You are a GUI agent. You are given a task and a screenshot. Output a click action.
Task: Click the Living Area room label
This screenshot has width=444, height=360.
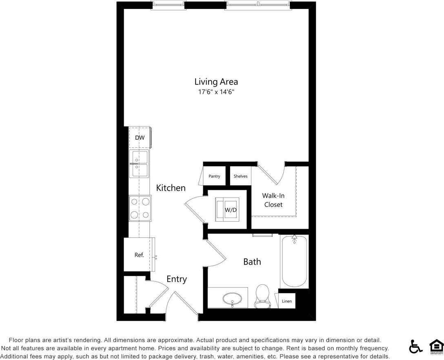coord(216,82)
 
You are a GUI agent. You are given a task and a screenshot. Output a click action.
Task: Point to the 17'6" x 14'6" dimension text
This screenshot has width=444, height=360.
coord(216,92)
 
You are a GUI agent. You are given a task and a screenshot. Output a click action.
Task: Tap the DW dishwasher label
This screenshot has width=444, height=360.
coord(140,138)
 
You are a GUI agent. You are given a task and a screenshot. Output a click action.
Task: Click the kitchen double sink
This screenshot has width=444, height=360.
coord(139,164)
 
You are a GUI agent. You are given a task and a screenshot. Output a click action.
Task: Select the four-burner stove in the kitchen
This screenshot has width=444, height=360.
coord(140,208)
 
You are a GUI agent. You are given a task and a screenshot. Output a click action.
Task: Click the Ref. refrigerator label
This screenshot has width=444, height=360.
coord(139,255)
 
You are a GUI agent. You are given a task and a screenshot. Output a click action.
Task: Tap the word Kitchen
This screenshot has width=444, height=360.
coord(171,188)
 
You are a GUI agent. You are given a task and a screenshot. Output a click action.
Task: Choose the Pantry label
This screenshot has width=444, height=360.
coord(214,176)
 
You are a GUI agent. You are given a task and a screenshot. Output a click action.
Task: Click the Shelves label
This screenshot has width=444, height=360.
coord(240,176)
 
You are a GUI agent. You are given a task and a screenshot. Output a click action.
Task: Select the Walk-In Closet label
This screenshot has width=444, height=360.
coord(273,200)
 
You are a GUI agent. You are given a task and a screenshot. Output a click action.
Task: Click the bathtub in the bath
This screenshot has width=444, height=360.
coord(294,261)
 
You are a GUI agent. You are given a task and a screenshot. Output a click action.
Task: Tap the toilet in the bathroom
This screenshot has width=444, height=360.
coord(262,296)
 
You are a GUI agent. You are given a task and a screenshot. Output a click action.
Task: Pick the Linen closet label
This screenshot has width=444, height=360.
coord(287,301)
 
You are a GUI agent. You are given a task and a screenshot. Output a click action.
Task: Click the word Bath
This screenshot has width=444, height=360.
coord(252,262)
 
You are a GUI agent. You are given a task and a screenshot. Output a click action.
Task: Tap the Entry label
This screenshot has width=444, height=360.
coord(177,279)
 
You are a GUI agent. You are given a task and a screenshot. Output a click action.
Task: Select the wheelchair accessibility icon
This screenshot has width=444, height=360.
coord(415,347)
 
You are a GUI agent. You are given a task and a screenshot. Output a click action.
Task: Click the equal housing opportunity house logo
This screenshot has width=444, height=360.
coord(436,347)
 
